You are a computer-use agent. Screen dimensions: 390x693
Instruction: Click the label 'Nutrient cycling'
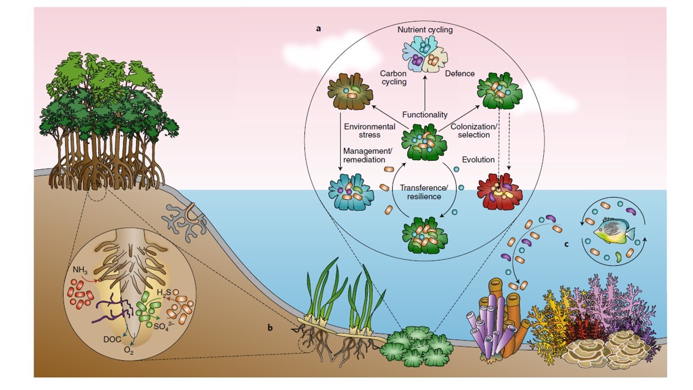point(424,30)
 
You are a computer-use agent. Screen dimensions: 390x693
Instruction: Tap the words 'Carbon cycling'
point(393,77)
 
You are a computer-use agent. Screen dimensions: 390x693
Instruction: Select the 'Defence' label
point(460,74)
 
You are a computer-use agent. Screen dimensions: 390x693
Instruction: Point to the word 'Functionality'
point(424,114)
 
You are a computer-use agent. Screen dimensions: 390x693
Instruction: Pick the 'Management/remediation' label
point(364,156)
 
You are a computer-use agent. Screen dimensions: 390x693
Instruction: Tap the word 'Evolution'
point(478,160)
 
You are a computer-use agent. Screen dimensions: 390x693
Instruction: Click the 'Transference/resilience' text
point(424,192)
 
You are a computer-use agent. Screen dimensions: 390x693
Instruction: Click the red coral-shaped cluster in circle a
point(499,191)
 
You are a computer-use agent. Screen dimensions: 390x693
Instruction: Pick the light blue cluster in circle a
point(351,191)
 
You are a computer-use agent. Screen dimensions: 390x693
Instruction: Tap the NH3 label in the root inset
point(80,269)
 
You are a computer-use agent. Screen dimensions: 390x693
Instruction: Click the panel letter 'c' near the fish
point(566,244)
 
